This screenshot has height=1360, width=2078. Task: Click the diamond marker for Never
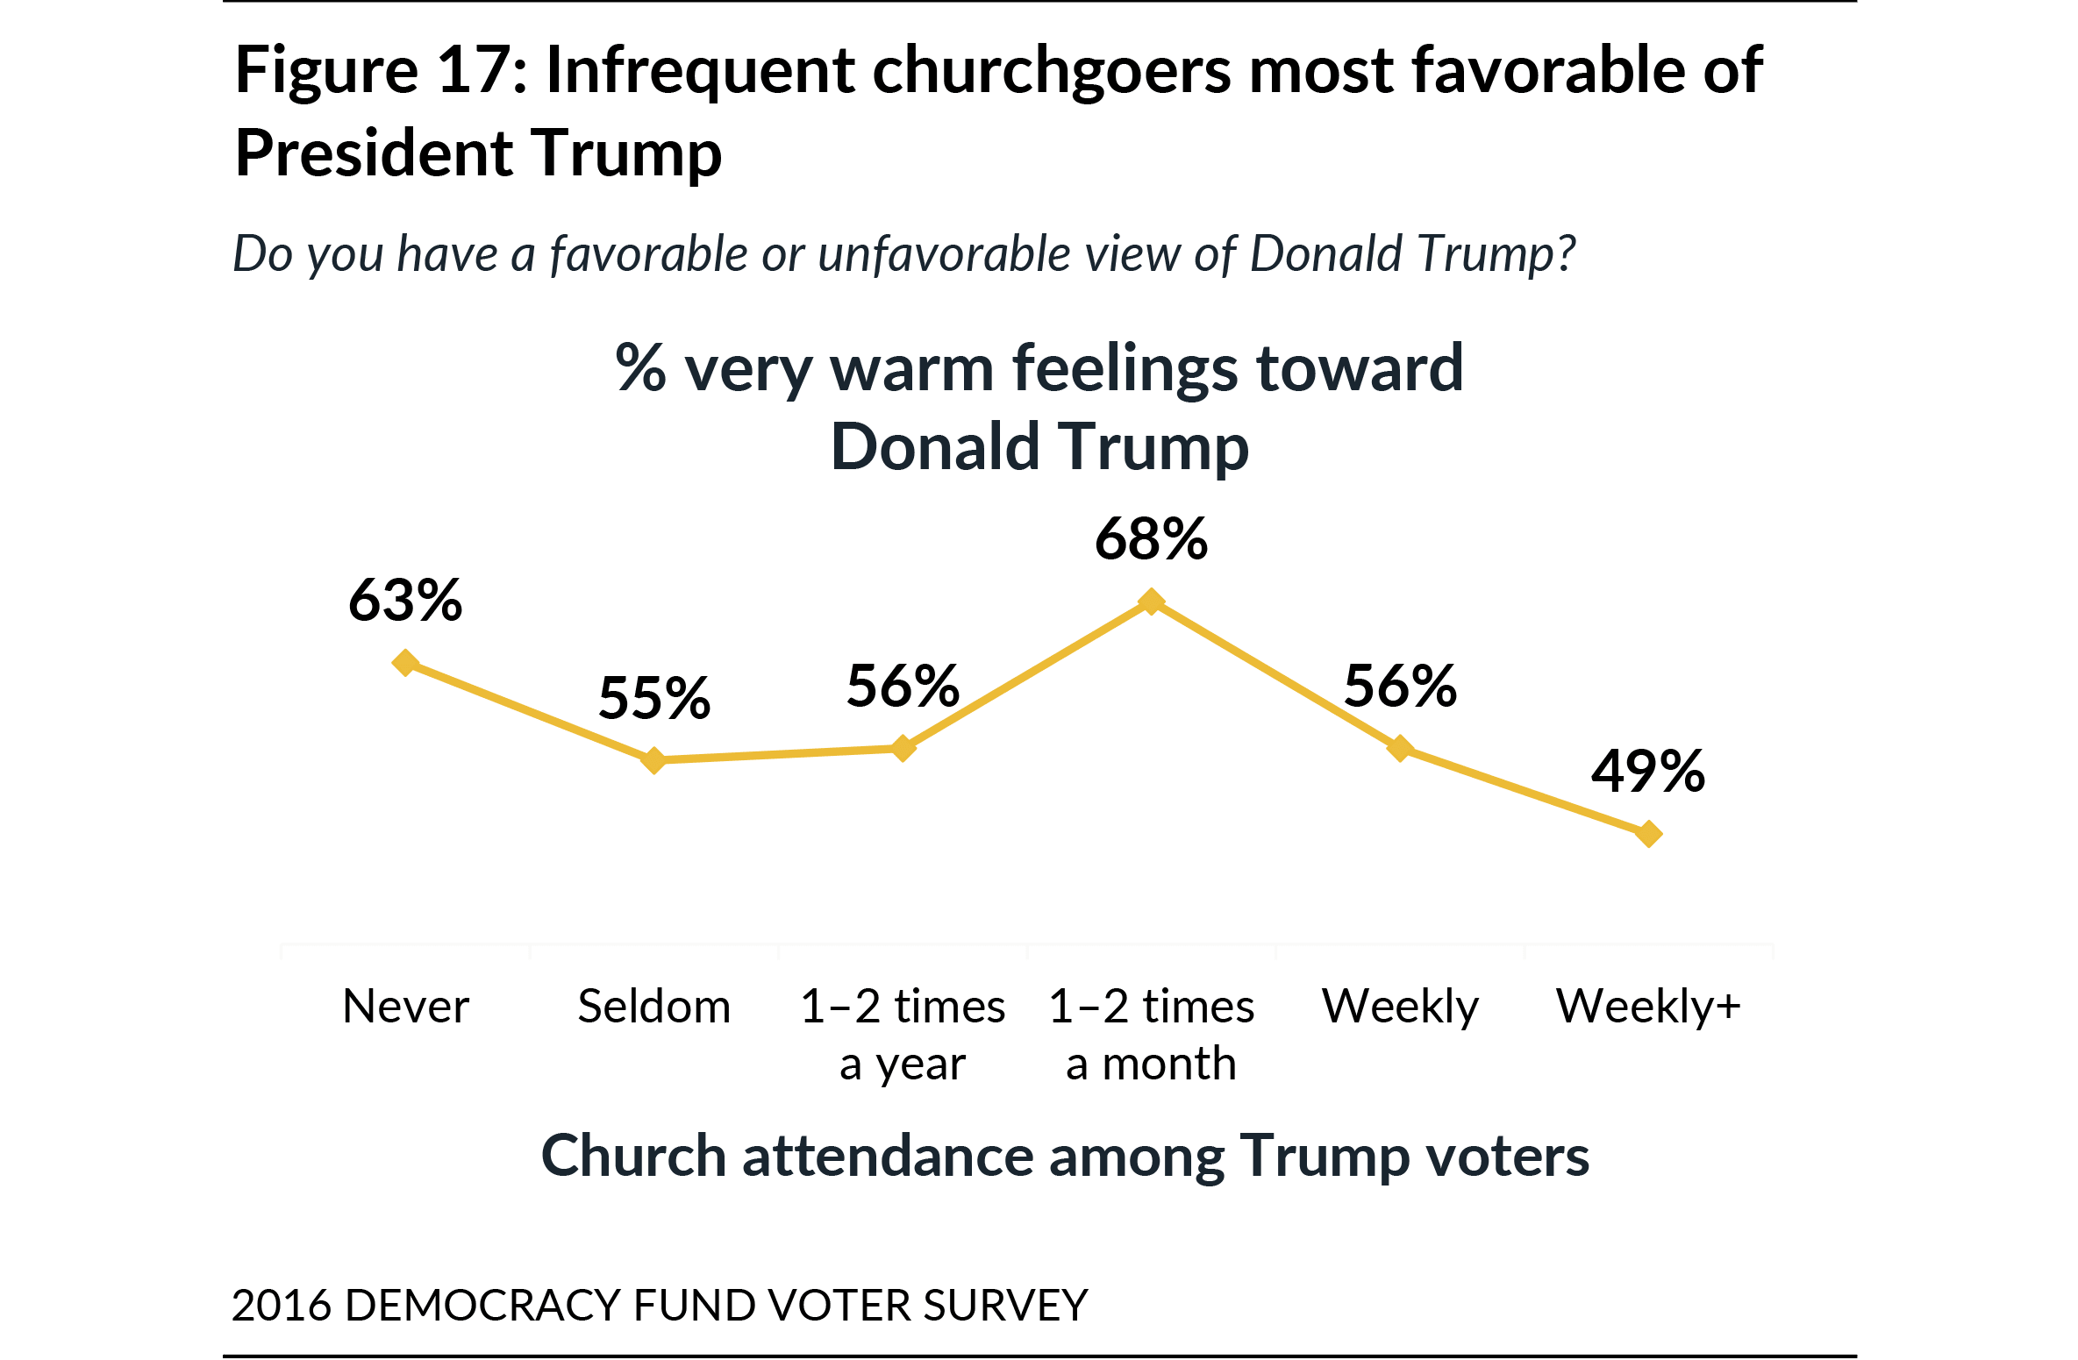405,663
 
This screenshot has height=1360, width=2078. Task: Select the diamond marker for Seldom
653,760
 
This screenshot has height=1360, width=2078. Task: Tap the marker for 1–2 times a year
903,748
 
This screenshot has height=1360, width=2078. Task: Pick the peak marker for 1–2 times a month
1151,602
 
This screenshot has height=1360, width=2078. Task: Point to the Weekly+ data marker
1648,833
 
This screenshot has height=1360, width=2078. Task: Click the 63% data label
405,601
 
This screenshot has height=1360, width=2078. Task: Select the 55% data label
654,699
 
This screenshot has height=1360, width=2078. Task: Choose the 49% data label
1648,772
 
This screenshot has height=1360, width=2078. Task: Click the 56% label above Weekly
1400,686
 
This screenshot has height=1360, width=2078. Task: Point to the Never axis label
405,1006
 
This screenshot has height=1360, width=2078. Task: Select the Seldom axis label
653,1006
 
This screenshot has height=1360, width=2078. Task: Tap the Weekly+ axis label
1648,1006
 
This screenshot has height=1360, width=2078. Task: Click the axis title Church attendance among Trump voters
1064,1156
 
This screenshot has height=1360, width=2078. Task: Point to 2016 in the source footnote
282,1305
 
